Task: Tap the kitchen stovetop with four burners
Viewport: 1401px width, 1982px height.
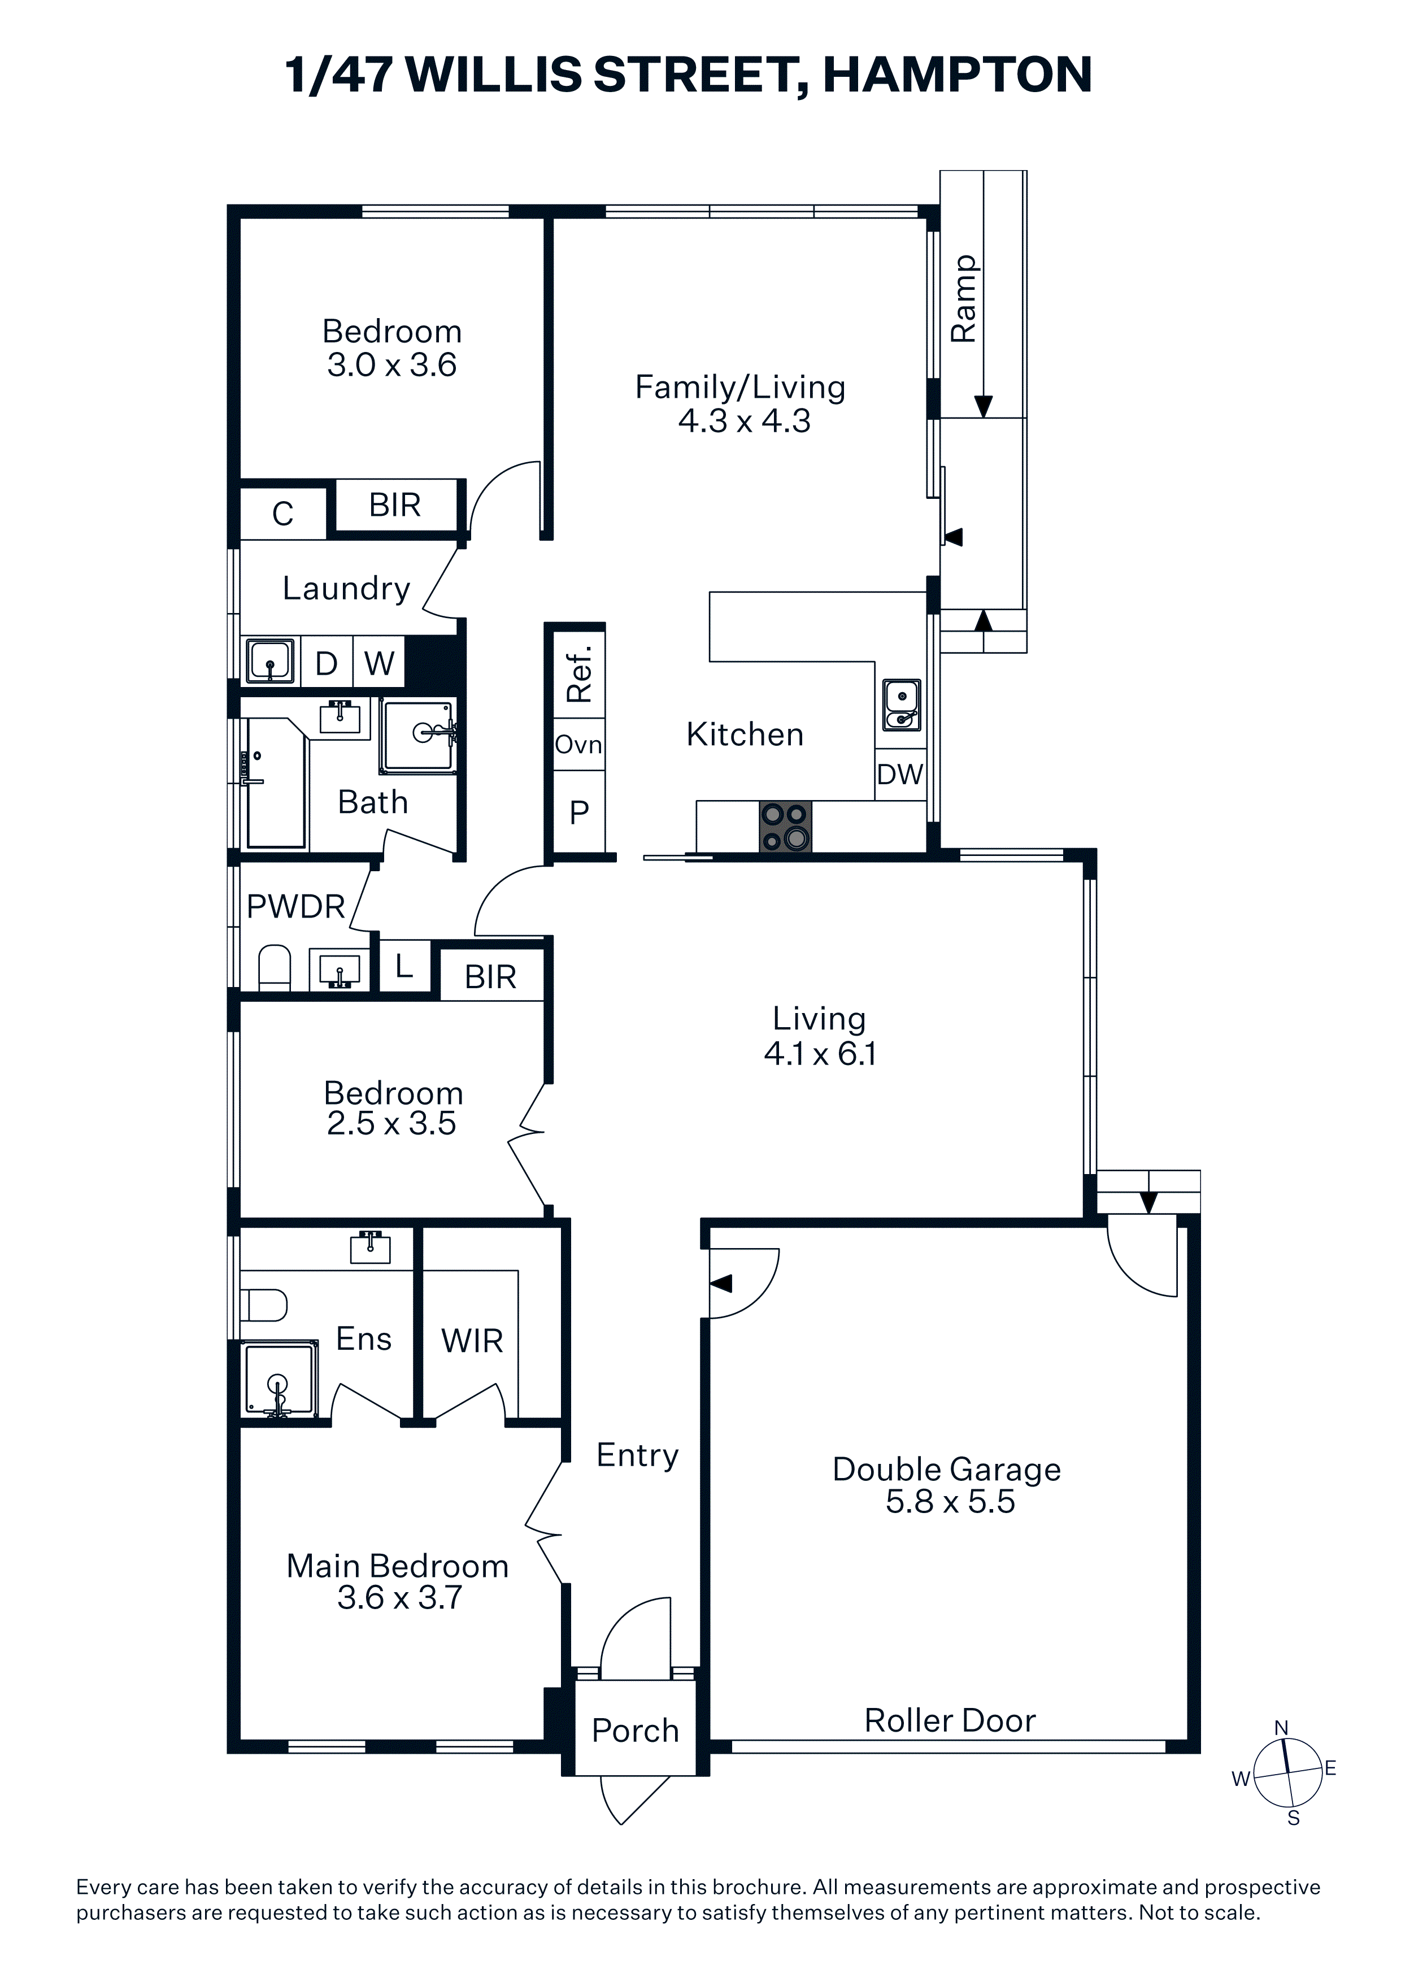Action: click(x=786, y=827)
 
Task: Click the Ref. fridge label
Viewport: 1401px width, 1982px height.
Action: click(x=579, y=673)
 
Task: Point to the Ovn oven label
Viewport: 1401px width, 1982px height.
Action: click(x=578, y=744)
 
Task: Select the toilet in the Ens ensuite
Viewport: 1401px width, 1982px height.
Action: click(x=263, y=1305)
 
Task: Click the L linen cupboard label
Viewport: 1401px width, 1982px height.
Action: click(x=404, y=966)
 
